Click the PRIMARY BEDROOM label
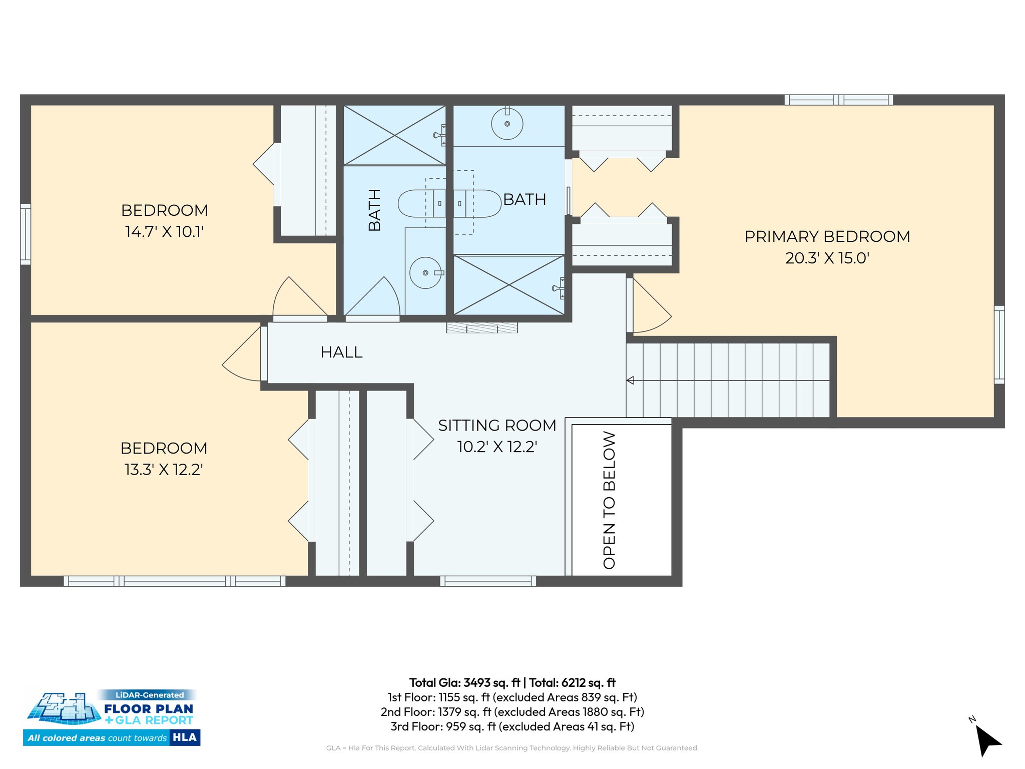click(x=827, y=236)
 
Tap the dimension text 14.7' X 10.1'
click(x=164, y=232)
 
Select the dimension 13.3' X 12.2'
click(x=163, y=470)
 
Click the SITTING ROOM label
click(x=497, y=425)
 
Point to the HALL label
click(x=341, y=352)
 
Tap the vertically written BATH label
click(x=374, y=210)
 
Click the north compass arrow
click(x=987, y=740)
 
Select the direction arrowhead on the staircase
click(x=631, y=380)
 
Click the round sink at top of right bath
click(x=507, y=123)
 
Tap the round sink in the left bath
click(x=425, y=273)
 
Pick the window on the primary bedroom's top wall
click(x=838, y=100)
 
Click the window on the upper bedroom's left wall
click(x=25, y=234)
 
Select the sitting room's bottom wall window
click(x=488, y=581)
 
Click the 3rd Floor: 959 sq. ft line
click(x=512, y=726)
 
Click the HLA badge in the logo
click(x=185, y=737)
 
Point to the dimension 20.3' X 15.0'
click(x=827, y=258)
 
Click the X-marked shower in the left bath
click(x=394, y=135)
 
